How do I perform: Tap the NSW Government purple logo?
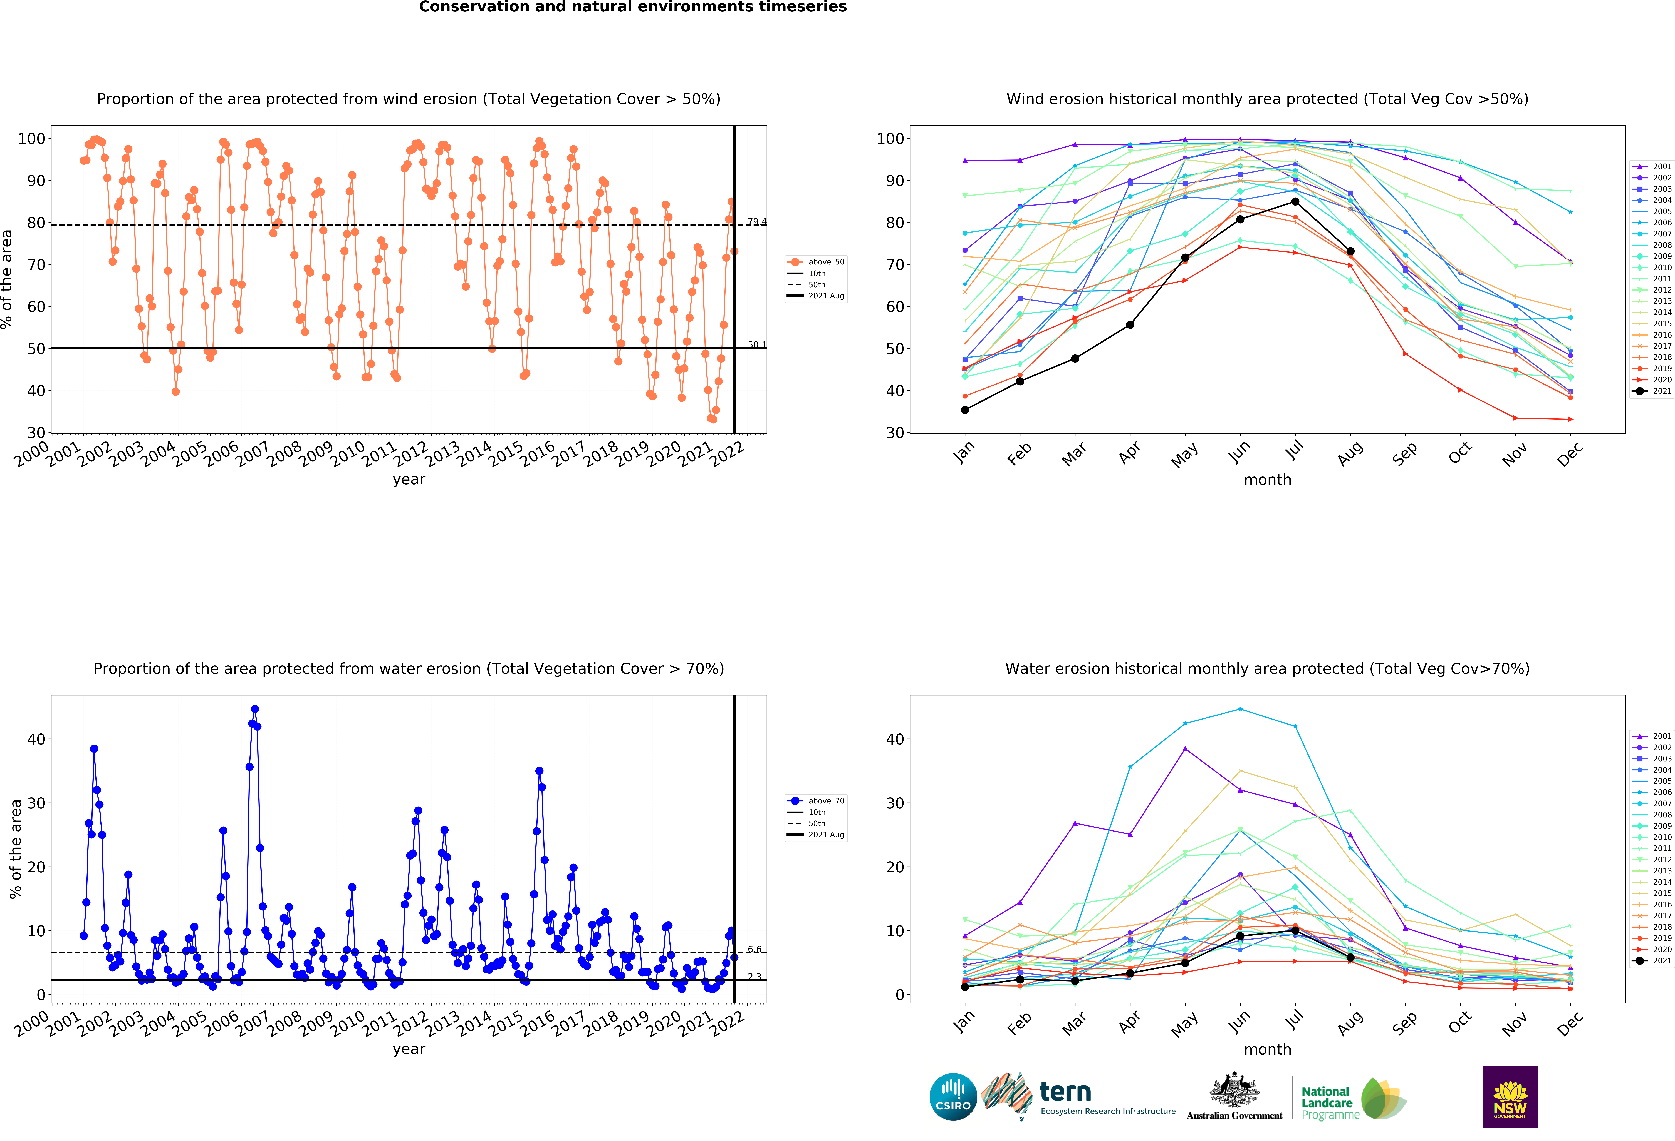pos(1510,1096)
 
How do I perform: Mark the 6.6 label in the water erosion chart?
pos(754,949)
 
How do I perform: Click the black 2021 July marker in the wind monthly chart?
pos(1295,202)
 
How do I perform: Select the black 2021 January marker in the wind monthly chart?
pos(965,410)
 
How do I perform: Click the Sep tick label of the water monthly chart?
pos(1405,1023)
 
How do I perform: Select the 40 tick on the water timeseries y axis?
pos(36,739)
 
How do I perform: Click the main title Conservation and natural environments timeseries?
pos(633,7)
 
